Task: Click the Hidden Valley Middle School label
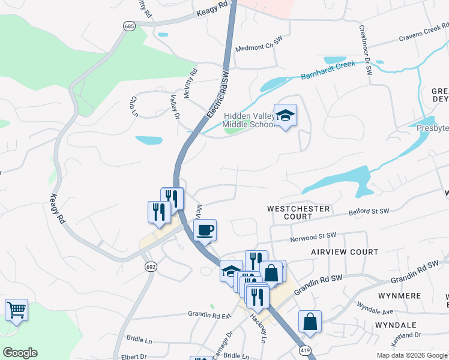coord(248,120)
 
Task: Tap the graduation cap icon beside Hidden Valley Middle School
coord(285,115)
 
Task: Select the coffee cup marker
coord(205,230)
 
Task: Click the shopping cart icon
coord(16,310)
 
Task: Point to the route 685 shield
coord(129,26)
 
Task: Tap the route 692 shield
coord(150,266)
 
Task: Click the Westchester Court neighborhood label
coord(298,212)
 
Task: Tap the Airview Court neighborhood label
coord(345,253)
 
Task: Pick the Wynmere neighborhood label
coord(401,296)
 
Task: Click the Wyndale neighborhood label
coord(396,325)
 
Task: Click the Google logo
coord(20,353)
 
